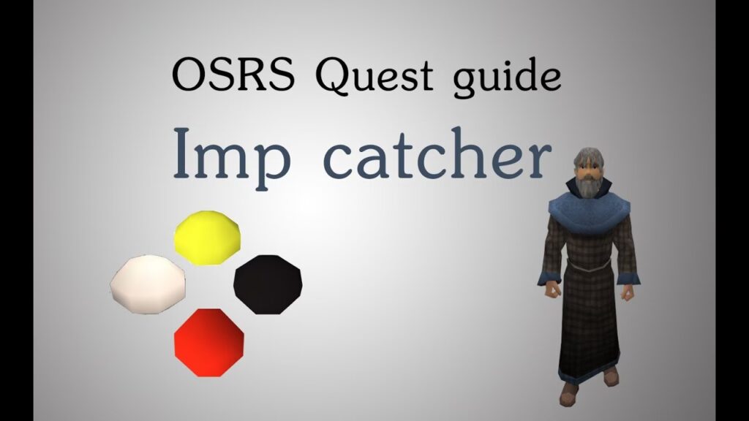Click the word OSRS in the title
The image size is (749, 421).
[233, 75]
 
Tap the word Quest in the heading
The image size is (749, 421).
[374, 76]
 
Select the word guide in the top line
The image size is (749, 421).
[507, 78]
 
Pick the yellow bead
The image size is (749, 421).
[207, 238]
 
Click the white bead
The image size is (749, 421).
[148, 284]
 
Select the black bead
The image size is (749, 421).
[268, 284]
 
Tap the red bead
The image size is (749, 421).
[209, 343]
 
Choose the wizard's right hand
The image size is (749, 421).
[554, 289]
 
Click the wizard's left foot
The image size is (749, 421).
[609, 376]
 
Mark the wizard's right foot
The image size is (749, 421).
[569, 395]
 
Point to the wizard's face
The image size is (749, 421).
[589, 171]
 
